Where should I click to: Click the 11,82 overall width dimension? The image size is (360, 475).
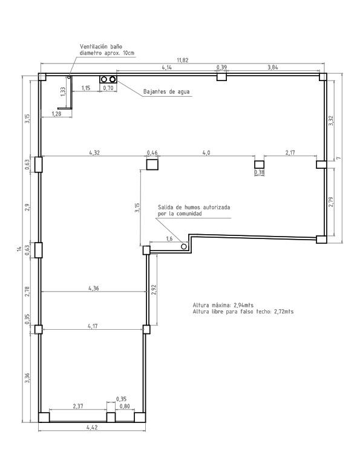(x=183, y=60)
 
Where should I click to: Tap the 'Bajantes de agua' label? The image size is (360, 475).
(x=166, y=91)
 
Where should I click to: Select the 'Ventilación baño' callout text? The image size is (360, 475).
(x=101, y=47)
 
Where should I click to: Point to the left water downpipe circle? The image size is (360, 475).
(x=104, y=79)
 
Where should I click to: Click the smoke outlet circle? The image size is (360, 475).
(x=184, y=246)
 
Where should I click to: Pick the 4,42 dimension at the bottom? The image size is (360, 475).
(x=92, y=427)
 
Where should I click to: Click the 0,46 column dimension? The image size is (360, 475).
(x=152, y=152)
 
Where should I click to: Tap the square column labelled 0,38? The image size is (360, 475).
(x=259, y=165)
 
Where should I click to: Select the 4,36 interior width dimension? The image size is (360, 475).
(x=94, y=288)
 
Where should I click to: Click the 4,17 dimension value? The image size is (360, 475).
(x=93, y=326)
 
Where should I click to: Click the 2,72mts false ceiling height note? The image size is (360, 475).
(x=284, y=312)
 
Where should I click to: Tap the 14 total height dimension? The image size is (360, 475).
(x=19, y=249)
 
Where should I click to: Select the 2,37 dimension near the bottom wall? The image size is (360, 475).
(x=78, y=406)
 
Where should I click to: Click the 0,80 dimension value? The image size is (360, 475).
(x=125, y=406)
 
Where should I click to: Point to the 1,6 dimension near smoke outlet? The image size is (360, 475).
(x=169, y=239)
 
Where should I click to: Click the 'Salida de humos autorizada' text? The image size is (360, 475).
(x=194, y=207)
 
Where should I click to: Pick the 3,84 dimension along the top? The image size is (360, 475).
(x=273, y=67)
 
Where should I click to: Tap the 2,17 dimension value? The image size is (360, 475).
(x=290, y=152)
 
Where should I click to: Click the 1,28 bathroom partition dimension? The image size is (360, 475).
(x=57, y=114)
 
